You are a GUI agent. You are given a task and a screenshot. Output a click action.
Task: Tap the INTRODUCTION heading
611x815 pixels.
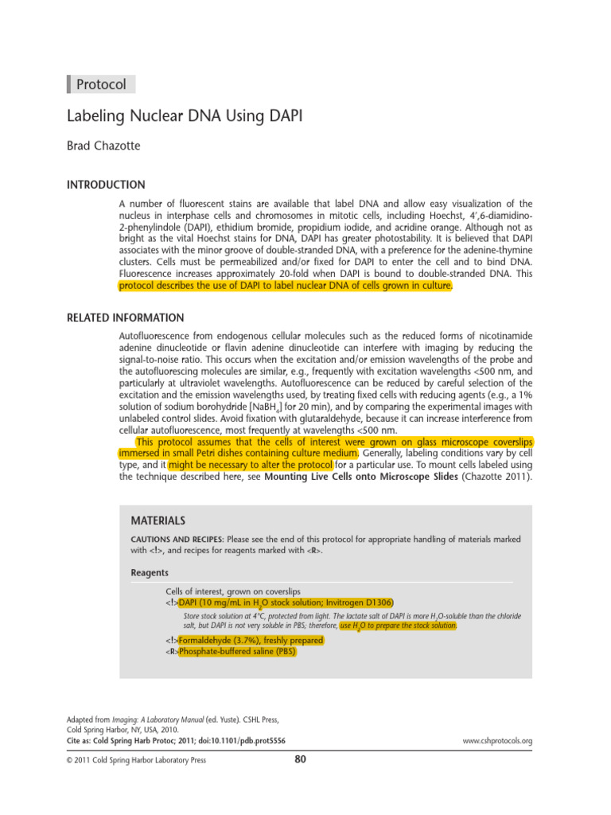pos(105,185)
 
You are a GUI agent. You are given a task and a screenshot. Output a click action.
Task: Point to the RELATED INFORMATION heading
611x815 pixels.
pos(125,318)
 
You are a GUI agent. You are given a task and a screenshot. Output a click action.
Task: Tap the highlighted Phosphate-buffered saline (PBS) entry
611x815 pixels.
pos(237,651)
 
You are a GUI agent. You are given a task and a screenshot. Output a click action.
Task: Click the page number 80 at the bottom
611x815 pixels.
pos(300,758)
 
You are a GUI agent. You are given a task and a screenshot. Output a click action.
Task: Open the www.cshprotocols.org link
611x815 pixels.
pos(497,741)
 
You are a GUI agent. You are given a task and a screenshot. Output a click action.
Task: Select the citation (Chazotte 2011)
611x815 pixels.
pos(504,478)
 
